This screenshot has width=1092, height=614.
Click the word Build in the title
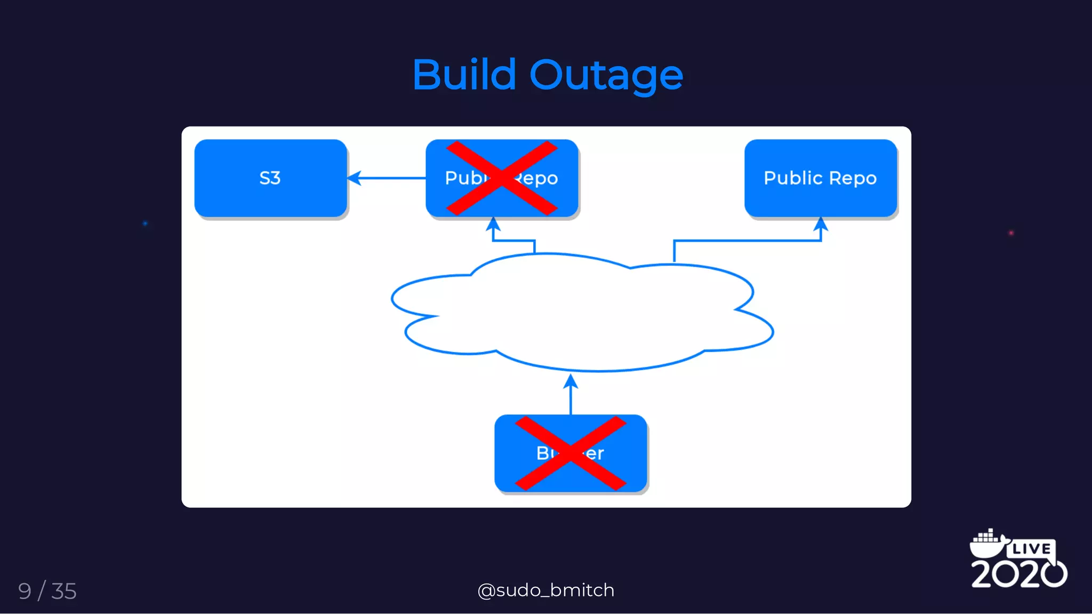click(x=464, y=75)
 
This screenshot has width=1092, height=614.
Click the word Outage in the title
click(x=606, y=76)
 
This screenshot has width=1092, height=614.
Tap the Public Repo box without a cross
click(x=820, y=178)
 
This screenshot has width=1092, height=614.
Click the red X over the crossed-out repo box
click(x=502, y=178)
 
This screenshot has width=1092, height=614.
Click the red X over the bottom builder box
click(x=571, y=453)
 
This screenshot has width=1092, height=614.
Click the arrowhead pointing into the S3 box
click(x=354, y=178)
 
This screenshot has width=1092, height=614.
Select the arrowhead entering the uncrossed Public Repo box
click(x=821, y=224)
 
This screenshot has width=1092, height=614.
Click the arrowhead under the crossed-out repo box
click(x=493, y=224)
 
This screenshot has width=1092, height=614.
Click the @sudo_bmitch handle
click(x=546, y=590)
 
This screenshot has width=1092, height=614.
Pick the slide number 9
click(x=25, y=591)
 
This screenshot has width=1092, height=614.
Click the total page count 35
click(x=64, y=591)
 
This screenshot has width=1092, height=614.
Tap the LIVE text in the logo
click(x=1031, y=549)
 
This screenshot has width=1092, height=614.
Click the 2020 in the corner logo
click(x=1018, y=574)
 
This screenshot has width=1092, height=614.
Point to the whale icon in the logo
click(x=987, y=543)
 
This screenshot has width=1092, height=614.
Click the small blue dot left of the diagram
click(x=145, y=224)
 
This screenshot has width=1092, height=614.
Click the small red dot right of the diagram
click(x=1011, y=233)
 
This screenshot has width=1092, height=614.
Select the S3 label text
click(x=270, y=178)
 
